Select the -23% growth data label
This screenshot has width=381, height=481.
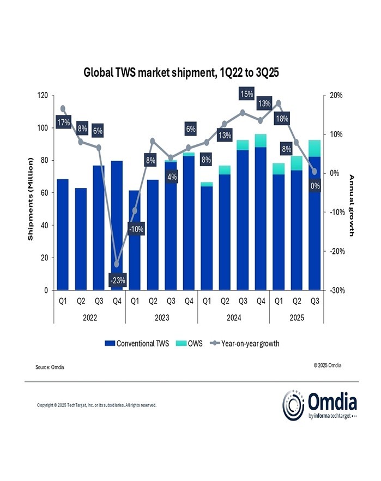tap(117, 281)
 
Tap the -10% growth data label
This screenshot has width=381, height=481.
tap(136, 230)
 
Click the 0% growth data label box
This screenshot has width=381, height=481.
tap(315, 186)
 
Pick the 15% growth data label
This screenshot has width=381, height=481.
tap(246, 94)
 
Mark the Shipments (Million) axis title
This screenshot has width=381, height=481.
tap(31, 199)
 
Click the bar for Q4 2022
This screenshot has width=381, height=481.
tap(117, 226)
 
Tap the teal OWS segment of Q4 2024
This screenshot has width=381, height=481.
tap(261, 141)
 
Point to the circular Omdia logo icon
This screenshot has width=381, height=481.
tap(293, 405)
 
